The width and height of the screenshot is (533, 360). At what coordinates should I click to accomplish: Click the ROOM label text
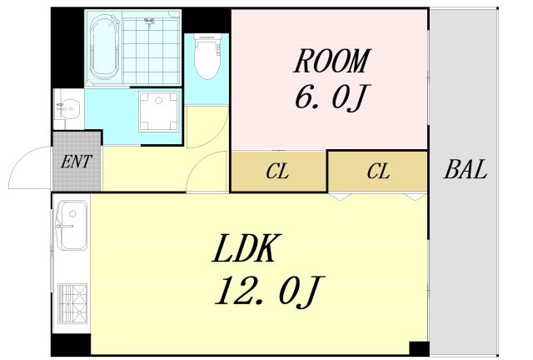point(332,61)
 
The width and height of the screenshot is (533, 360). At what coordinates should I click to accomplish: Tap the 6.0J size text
point(331,97)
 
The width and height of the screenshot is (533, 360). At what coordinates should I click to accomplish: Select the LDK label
point(247,248)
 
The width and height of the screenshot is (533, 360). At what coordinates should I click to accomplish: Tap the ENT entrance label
point(76,162)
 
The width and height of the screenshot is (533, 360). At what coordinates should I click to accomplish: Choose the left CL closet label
point(277,171)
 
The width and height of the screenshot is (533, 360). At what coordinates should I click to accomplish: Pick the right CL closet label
point(378,171)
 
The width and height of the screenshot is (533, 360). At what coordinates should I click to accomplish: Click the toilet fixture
point(207,56)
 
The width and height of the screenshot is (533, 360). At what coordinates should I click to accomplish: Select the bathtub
point(104,48)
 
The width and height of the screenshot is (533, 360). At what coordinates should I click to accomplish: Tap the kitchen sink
point(72,225)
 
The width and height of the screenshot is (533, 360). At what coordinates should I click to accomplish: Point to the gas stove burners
point(72,304)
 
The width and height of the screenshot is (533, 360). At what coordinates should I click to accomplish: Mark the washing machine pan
point(158,112)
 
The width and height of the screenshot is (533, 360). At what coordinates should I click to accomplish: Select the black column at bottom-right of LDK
point(419,348)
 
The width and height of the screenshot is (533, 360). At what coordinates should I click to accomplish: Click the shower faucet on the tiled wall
point(149,22)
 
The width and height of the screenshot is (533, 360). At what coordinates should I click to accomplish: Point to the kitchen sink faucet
point(65,226)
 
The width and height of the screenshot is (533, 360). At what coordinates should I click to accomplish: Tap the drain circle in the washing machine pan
point(159,100)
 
